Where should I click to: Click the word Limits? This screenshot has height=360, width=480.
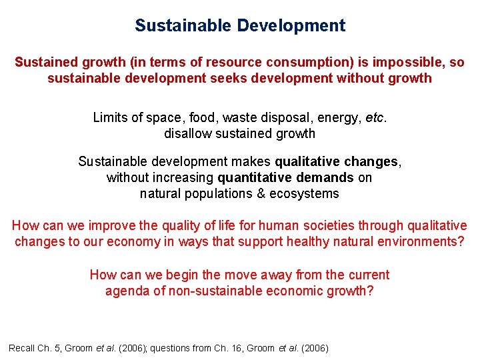pyautogui.click(x=109, y=117)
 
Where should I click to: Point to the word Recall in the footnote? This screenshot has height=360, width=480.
pyautogui.click(x=22, y=348)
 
